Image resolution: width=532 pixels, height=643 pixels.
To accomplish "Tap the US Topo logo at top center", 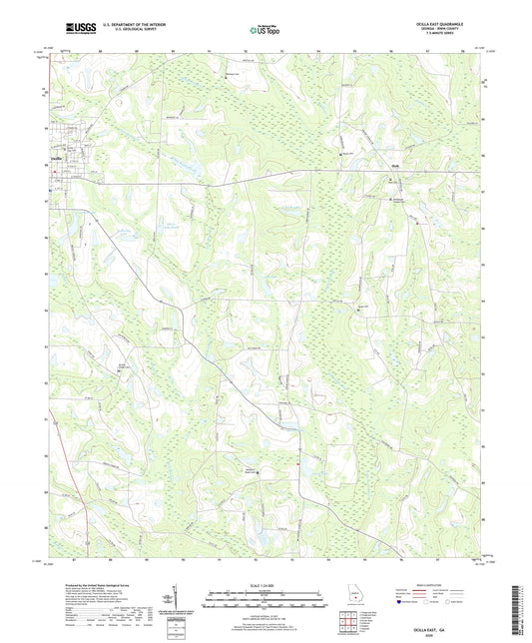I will (x=263, y=31).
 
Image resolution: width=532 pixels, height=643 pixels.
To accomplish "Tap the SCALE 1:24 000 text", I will (x=266, y=586).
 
